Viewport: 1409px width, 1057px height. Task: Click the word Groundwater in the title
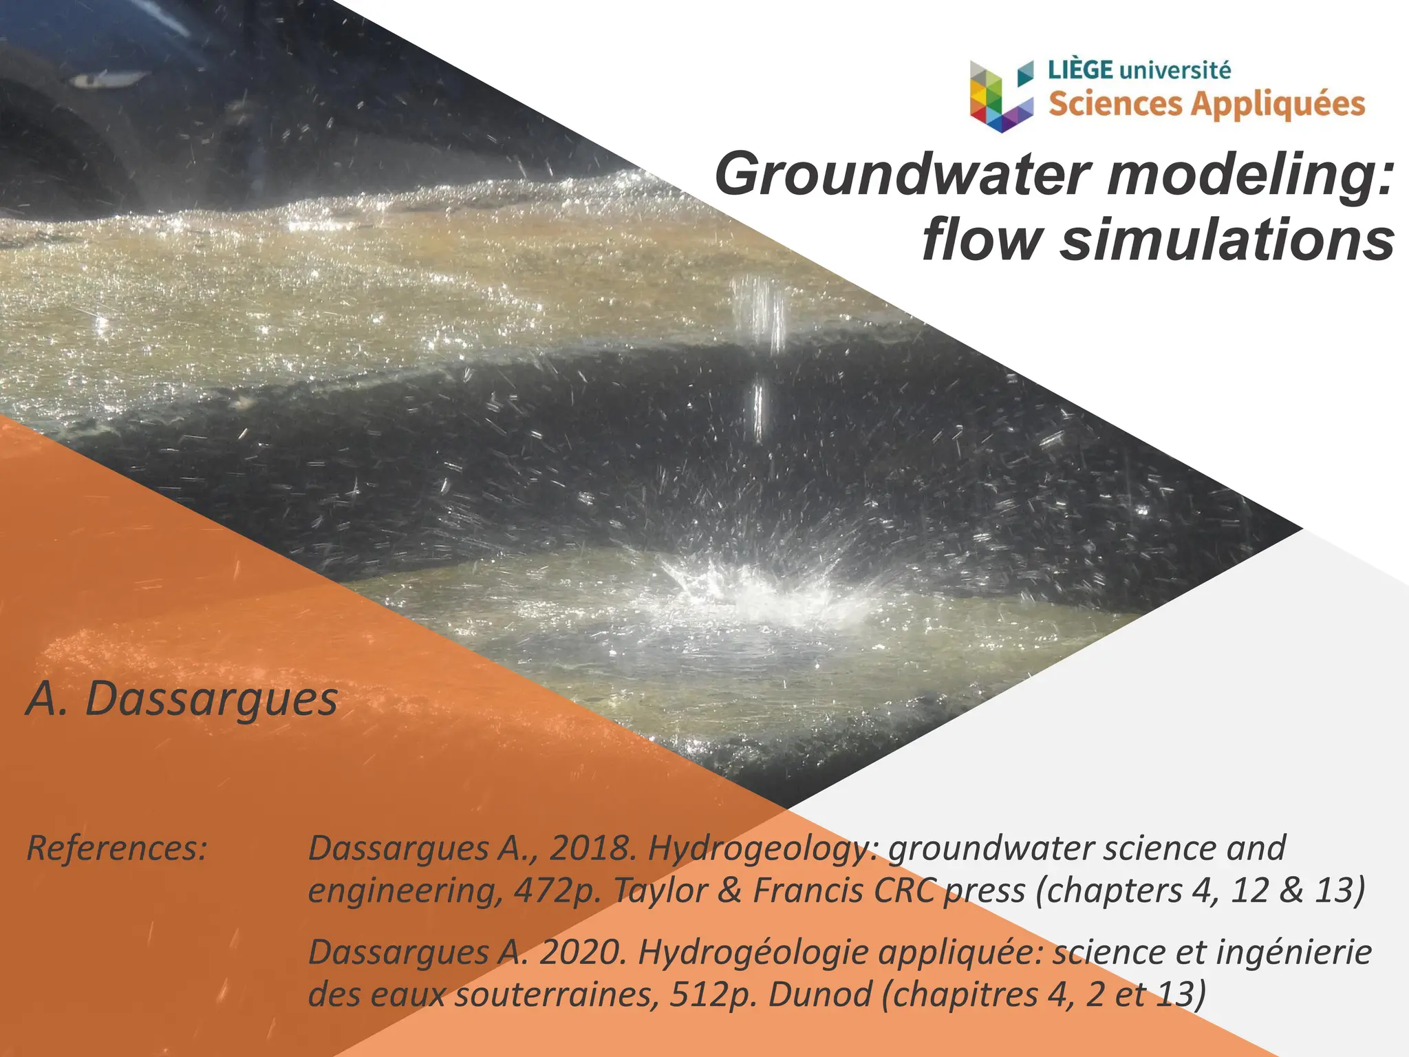(x=902, y=175)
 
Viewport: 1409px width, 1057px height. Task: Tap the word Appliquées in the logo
(x=1278, y=105)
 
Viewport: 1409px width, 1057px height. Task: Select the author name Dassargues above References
(x=211, y=699)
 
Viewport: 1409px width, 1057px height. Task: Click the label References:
(x=116, y=848)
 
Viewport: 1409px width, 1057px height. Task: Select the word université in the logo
(x=1176, y=70)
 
